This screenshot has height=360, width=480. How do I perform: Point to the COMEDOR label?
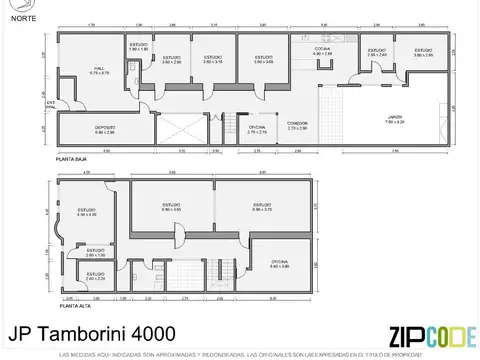pyautogui.click(x=298, y=126)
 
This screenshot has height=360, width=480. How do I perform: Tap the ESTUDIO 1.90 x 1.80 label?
pyautogui.click(x=139, y=47)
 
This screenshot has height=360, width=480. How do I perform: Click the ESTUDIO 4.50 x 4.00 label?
pyautogui.click(x=86, y=211)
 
